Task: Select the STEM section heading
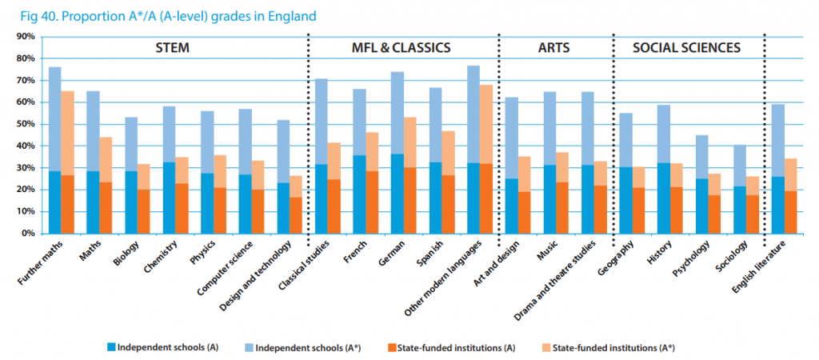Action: coord(172,48)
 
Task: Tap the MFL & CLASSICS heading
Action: coord(401,48)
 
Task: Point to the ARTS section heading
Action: coord(553,48)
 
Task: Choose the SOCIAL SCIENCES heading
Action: coord(686,48)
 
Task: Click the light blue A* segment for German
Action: coord(398,113)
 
